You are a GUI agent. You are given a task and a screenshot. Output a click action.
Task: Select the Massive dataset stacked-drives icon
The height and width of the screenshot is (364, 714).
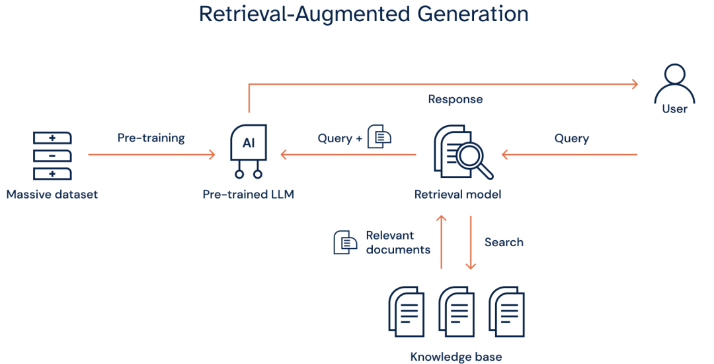coord(52,156)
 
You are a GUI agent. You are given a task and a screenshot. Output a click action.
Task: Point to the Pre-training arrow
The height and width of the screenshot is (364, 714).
coord(151,155)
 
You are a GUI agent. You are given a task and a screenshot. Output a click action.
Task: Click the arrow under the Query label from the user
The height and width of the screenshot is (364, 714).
coord(569,155)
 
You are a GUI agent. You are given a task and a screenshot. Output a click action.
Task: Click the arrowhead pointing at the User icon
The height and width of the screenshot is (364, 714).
coord(635,84)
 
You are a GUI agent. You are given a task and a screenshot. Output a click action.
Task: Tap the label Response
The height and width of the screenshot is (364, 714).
coord(455,100)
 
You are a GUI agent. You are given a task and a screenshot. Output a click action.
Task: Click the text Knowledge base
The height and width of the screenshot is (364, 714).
coord(456,357)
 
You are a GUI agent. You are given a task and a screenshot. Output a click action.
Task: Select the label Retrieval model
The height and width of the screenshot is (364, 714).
coord(457,195)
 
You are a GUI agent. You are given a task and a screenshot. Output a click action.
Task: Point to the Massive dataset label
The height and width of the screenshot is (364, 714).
coord(52,195)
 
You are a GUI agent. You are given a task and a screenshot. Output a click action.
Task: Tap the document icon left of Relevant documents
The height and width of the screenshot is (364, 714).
coord(344,242)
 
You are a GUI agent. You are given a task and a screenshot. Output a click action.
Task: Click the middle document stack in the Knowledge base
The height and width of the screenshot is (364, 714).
coord(457,311)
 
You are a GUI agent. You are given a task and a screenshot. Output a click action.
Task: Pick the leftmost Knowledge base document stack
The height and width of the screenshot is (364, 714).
coord(406,311)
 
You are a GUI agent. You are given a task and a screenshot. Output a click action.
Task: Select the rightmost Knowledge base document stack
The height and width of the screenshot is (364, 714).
coord(506,311)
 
